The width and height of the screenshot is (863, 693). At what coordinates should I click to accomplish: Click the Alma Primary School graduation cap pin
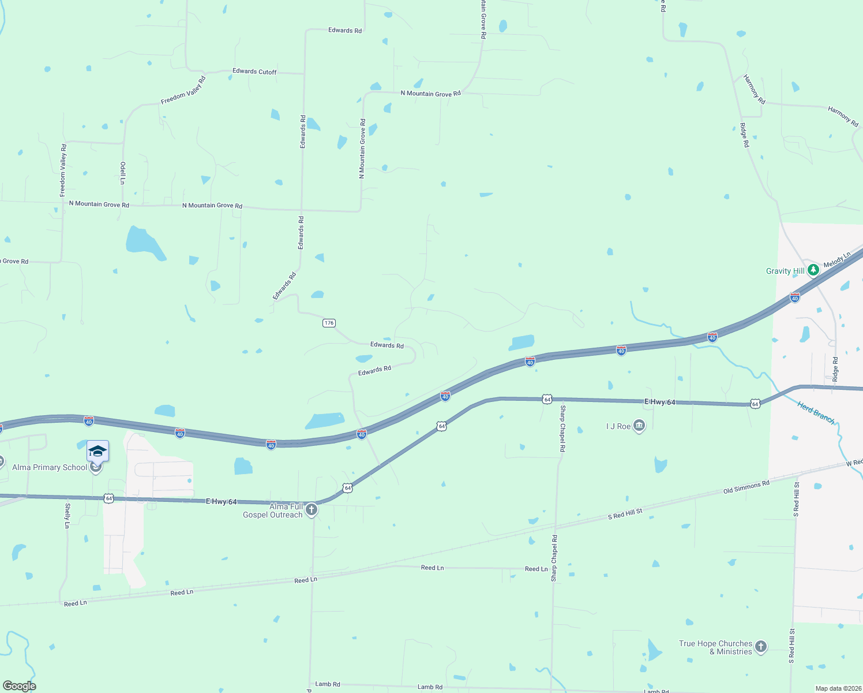click(97, 451)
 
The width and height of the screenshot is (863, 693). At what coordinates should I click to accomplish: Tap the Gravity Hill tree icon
click(813, 270)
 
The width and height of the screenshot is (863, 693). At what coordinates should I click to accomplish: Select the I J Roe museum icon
click(639, 426)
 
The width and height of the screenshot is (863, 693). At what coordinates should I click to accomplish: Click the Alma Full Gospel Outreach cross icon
click(312, 509)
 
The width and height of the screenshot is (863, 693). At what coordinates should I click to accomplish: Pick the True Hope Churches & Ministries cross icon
click(761, 647)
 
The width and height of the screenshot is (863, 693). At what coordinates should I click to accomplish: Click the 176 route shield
click(329, 323)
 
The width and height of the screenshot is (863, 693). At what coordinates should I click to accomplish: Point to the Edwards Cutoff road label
click(254, 72)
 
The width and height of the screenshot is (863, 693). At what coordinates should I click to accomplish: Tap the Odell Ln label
click(123, 173)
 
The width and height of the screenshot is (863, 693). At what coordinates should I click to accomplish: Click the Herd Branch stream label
click(816, 412)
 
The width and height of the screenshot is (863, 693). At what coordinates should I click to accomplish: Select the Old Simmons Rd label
click(746, 487)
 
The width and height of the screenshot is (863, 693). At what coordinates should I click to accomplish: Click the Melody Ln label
click(836, 260)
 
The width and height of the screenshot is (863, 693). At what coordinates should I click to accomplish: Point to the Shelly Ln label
click(67, 516)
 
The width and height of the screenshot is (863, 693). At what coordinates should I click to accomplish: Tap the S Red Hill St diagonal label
click(625, 514)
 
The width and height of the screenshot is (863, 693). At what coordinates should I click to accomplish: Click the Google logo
click(19, 686)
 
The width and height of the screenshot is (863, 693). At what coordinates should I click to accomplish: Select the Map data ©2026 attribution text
click(838, 688)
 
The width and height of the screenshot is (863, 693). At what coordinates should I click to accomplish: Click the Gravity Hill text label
click(785, 271)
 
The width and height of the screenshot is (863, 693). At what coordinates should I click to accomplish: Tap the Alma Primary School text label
click(50, 467)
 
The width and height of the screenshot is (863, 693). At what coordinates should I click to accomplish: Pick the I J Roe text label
click(618, 426)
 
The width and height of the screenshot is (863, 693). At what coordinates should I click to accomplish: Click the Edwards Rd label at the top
click(345, 30)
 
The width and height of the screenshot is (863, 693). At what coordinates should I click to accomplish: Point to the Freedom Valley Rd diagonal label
click(183, 91)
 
